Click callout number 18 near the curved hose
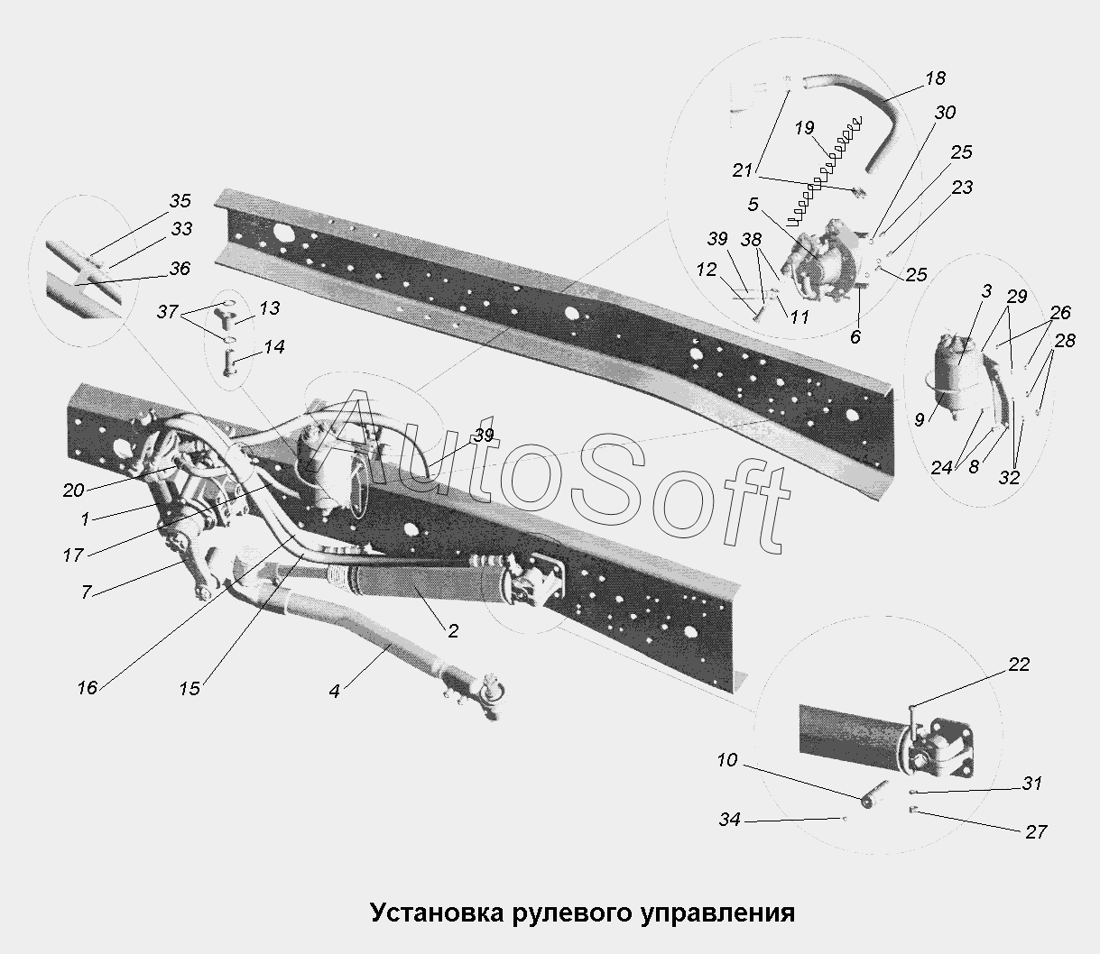coord(936,78)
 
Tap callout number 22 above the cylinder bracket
coord(1019,665)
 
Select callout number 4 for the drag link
coord(335,691)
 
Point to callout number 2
coord(453,631)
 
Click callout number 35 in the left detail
coord(180,200)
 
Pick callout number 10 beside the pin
coord(727,760)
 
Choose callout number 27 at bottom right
coord(1036,832)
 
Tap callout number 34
coord(729,819)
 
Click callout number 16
coord(88,688)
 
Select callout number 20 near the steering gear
coord(74,490)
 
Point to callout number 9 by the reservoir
coord(920,419)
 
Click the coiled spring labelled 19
coord(825,172)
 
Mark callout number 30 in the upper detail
coord(945,113)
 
